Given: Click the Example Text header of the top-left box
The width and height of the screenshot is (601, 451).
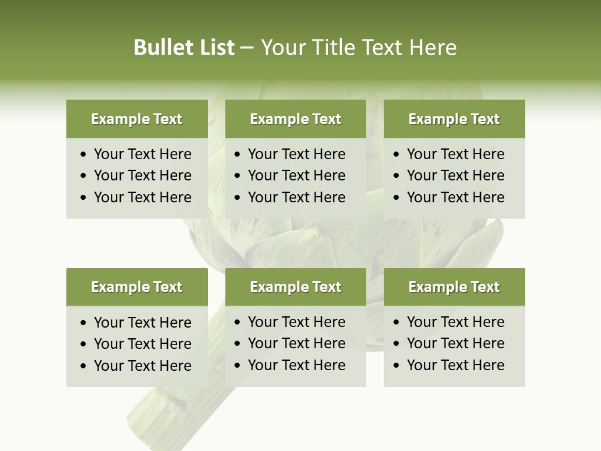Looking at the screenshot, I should coord(136,119).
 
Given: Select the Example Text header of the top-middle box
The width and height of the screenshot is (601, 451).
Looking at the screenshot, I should coord(295,119).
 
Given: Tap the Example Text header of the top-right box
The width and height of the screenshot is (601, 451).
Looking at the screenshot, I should coord(454,119).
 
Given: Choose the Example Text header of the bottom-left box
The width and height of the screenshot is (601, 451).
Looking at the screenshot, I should coord(136,287).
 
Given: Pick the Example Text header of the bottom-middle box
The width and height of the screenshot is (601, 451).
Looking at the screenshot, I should coord(295,287).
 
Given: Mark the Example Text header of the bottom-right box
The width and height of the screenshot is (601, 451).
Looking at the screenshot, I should coord(454,287).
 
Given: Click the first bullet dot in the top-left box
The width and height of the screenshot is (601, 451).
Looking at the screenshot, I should coord(84,155).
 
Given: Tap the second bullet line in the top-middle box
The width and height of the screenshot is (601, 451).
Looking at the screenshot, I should coord(296,175).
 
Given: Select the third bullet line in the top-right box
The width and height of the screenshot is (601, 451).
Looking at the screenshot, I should coord(455,197).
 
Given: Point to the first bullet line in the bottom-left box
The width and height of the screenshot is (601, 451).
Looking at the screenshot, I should coord(142,323).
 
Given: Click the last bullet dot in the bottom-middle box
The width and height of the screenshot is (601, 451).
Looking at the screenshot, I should coord(238,366).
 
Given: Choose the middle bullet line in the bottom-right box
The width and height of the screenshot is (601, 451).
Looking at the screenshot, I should coord(455,343).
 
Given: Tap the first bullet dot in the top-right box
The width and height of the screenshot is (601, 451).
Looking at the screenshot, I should coord(397,155).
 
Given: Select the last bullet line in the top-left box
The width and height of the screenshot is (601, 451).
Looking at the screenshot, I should coord(142,197).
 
